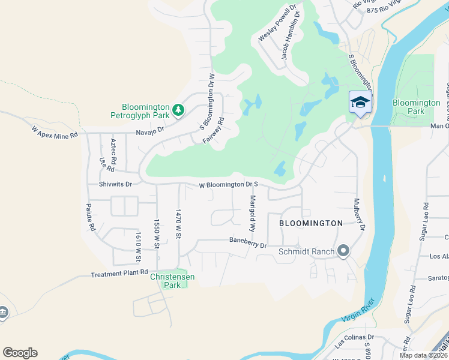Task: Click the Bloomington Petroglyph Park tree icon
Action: [x=178, y=110]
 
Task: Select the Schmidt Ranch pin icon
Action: [x=343, y=250]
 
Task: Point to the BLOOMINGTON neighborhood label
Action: [x=311, y=223]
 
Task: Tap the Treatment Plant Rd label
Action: [x=119, y=273]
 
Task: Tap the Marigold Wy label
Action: [x=253, y=214]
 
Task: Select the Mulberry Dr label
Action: [x=360, y=214]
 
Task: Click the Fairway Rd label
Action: [x=220, y=130]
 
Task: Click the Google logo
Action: [x=20, y=353]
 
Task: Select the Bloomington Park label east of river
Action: [x=416, y=107]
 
